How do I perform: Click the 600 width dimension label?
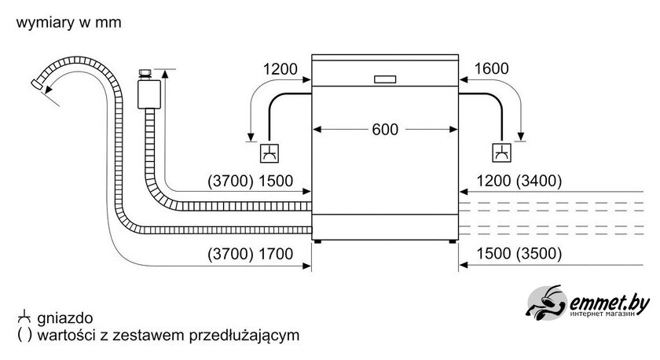pyautogui.click(x=385, y=129)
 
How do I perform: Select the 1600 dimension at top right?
pyautogui.click(x=491, y=68)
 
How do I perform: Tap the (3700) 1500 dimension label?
pyautogui.click(x=250, y=181)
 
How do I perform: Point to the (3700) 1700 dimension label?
pyautogui.click(x=250, y=254)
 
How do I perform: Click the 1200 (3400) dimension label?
pyautogui.click(x=519, y=181)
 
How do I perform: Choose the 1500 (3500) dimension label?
pyautogui.click(x=519, y=253)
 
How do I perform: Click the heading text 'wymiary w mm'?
pyautogui.click(x=68, y=22)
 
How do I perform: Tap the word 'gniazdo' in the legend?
pyautogui.click(x=64, y=318)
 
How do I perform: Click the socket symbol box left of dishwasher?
pyautogui.click(x=269, y=152)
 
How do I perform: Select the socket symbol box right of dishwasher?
pyautogui.click(x=502, y=152)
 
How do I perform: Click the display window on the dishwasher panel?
pyautogui.click(x=385, y=79)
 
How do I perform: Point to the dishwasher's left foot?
pyautogui.click(x=317, y=241)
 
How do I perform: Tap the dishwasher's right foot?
pyautogui.click(x=452, y=241)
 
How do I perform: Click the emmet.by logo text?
pyautogui.click(x=609, y=303)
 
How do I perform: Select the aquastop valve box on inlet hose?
pyautogui.click(x=149, y=94)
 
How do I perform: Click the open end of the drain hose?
pyautogui.click(x=37, y=84)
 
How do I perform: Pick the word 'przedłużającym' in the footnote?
pyautogui.click(x=244, y=336)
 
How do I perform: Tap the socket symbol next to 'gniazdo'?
pyautogui.click(x=24, y=317)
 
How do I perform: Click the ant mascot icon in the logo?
pyautogui.click(x=546, y=303)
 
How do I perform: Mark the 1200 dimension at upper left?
pyautogui.click(x=280, y=69)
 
